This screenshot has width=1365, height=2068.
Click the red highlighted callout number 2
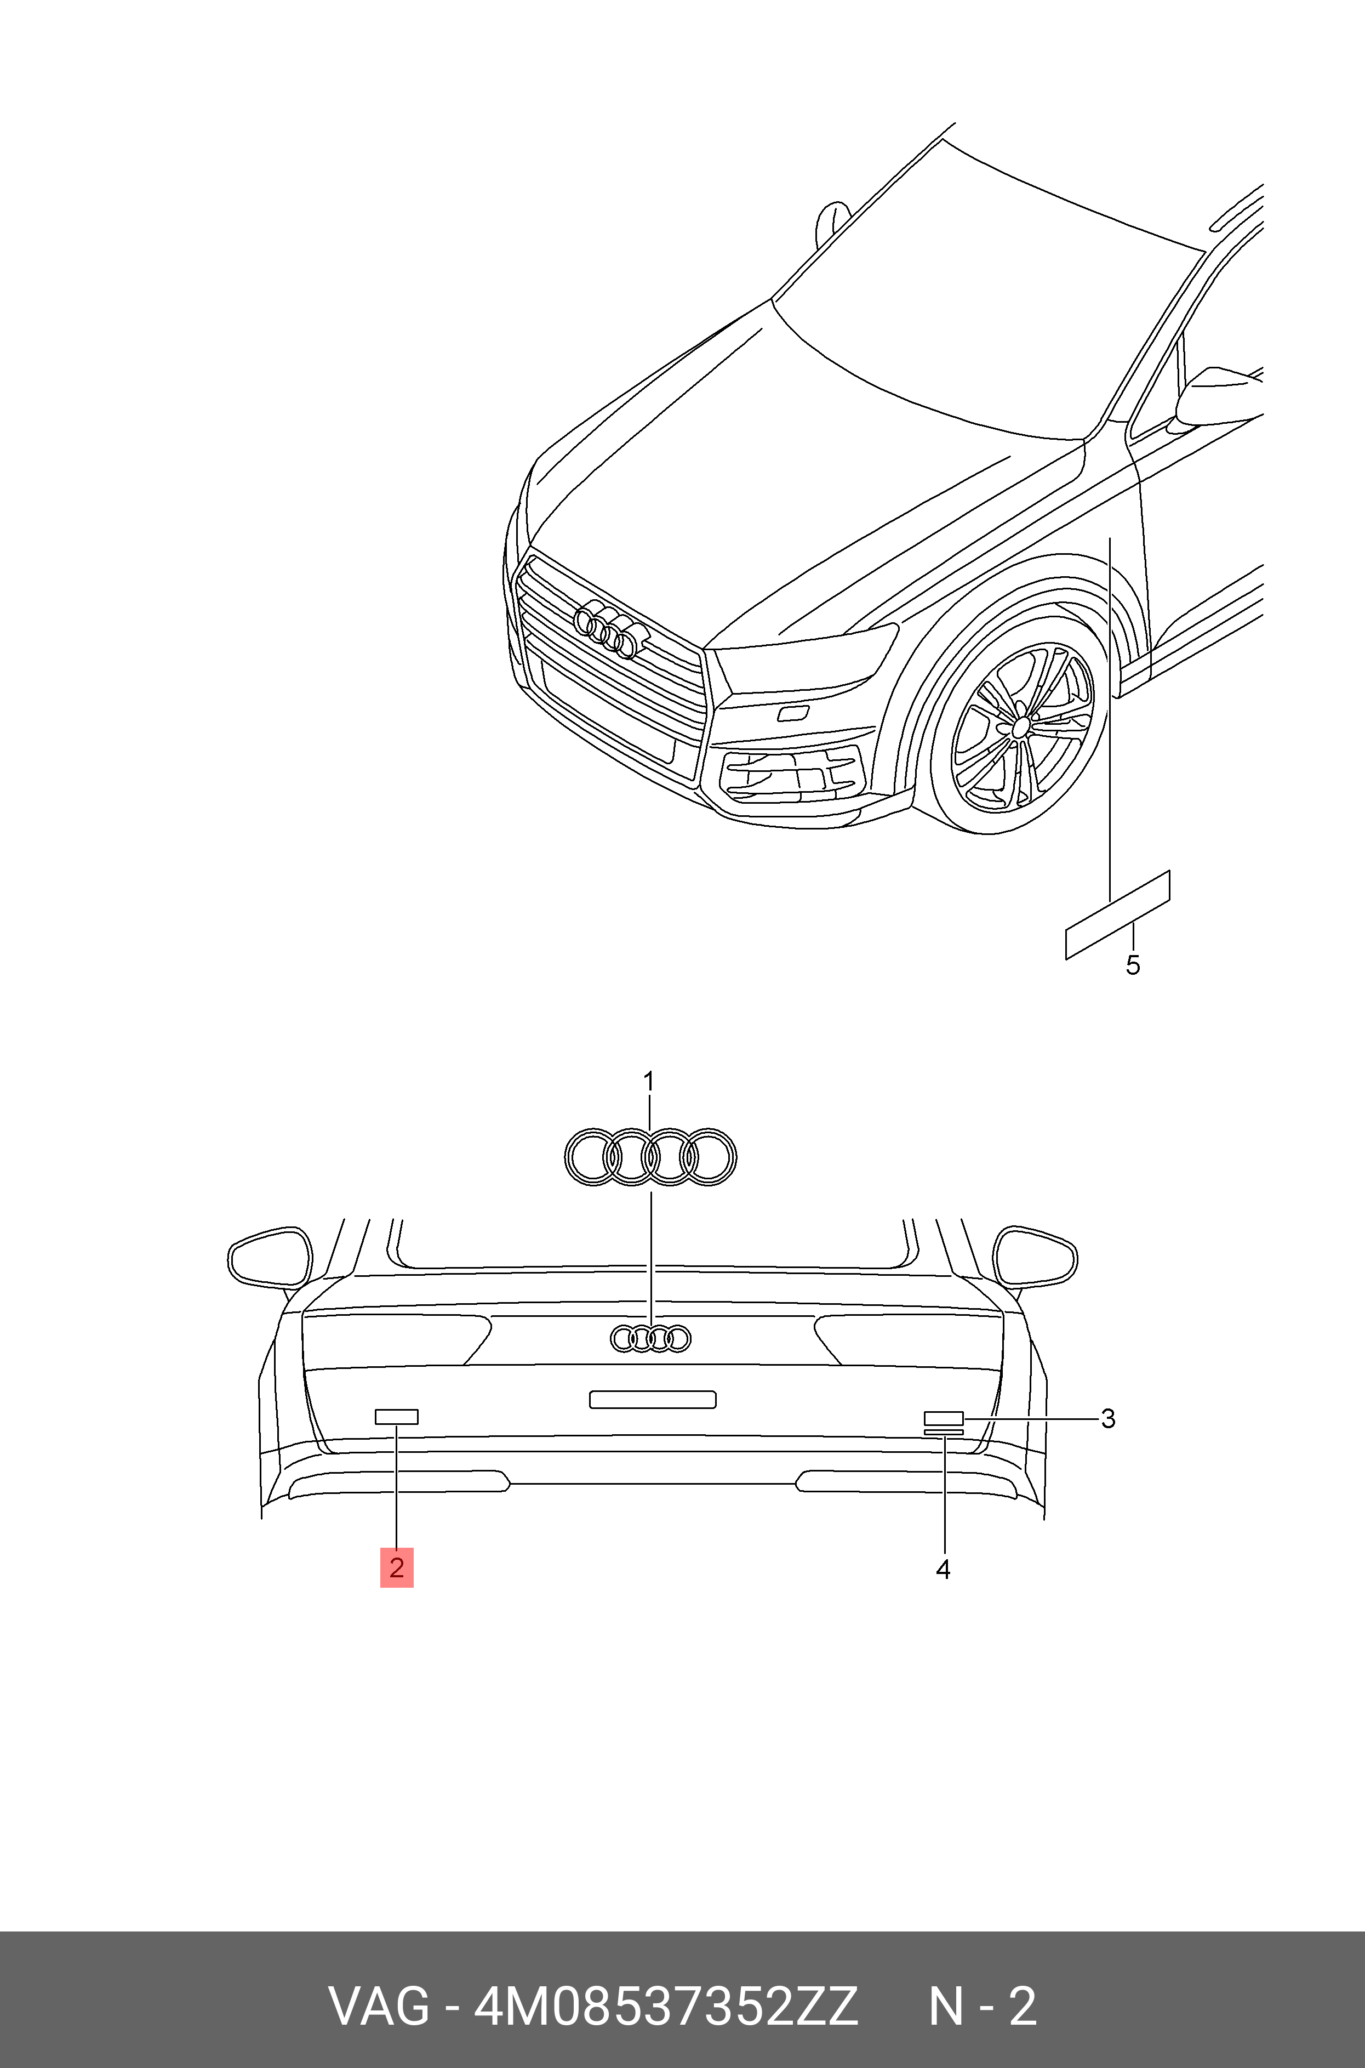(x=396, y=1567)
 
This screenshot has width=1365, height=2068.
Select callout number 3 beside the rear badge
(x=1107, y=1418)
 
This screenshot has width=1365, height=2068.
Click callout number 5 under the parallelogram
(x=1133, y=965)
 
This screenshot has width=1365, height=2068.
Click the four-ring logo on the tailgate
(x=650, y=1338)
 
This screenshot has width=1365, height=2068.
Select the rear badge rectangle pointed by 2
(x=396, y=1417)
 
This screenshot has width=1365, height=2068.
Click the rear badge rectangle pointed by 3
(x=944, y=1418)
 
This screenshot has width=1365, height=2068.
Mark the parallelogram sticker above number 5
(x=1118, y=914)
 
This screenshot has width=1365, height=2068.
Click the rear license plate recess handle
(x=653, y=1399)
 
